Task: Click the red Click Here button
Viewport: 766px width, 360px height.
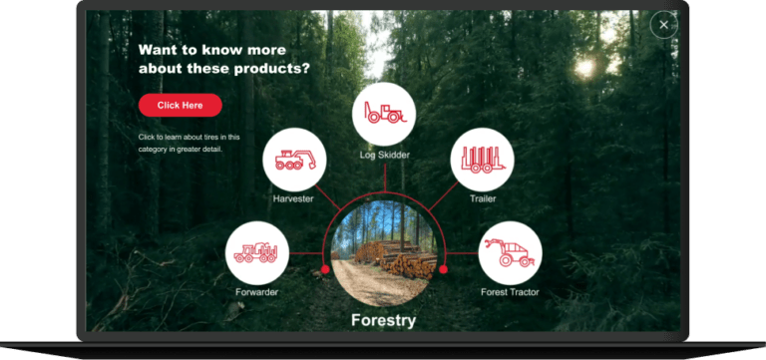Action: tap(181, 105)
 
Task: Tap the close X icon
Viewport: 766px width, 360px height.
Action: tap(664, 25)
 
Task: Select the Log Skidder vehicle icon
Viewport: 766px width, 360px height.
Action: tap(384, 114)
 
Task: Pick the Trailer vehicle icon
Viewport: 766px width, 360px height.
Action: tap(482, 160)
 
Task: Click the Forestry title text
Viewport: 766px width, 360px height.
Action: tap(383, 320)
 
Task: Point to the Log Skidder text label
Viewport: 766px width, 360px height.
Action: tap(384, 155)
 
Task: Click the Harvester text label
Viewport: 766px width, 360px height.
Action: tap(293, 198)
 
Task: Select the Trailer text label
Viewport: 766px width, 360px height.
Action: tap(483, 198)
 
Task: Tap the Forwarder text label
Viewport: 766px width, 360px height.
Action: tap(256, 292)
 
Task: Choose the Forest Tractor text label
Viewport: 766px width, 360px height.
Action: tap(510, 292)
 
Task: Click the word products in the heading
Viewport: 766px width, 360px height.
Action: tap(271, 69)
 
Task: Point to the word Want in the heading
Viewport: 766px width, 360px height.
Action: tap(156, 50)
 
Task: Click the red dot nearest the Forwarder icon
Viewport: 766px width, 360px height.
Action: tap(325, 269)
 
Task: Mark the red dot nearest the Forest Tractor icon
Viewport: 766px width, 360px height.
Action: tap(443, 269)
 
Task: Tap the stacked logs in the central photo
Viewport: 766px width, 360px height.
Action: tap(397, 257)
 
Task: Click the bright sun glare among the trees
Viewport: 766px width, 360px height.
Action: tap(585, 67)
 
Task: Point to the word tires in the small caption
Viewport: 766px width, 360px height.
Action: tap(208, 137)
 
